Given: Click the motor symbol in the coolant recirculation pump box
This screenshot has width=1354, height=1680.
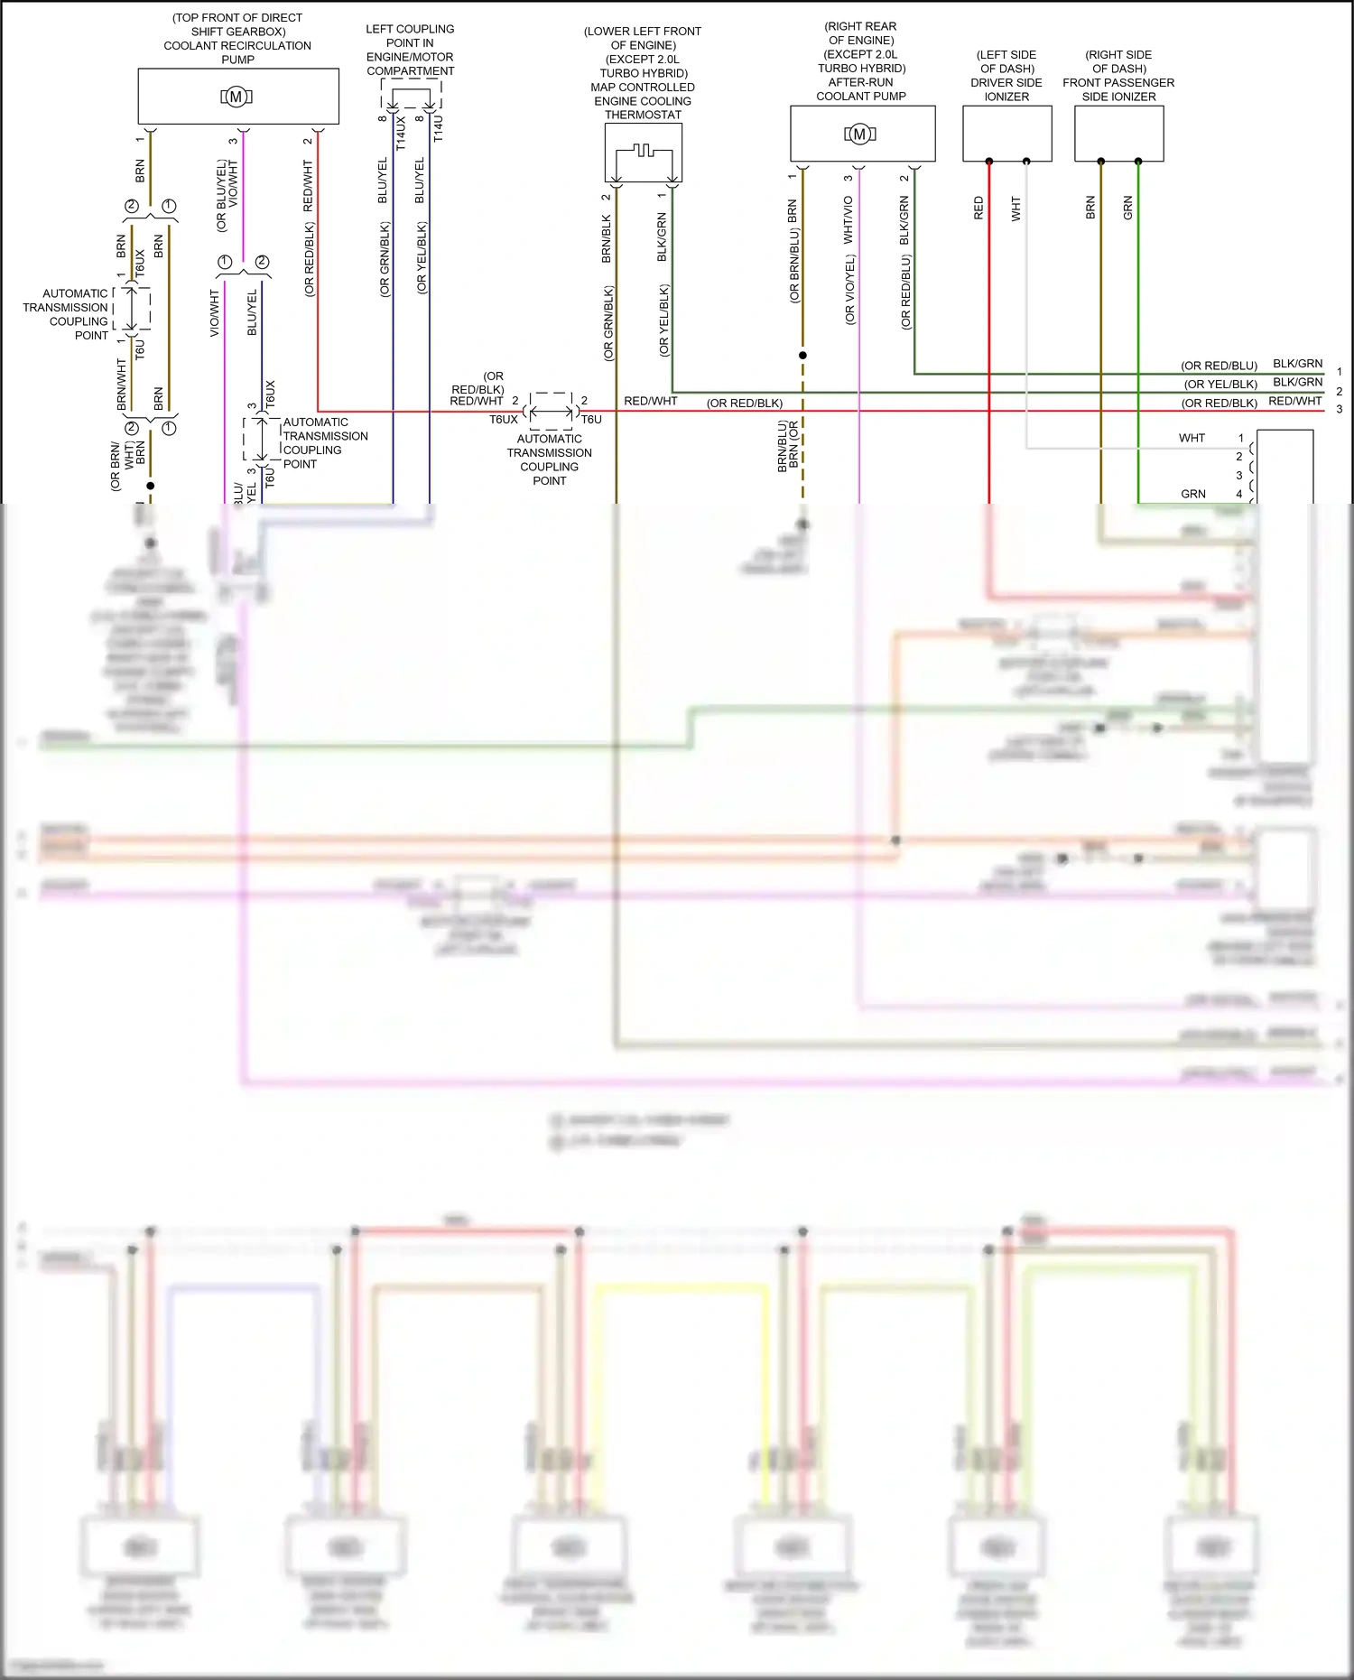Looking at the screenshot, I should [236, 97].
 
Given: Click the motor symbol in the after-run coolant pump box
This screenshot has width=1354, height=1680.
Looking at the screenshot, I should [859, 135].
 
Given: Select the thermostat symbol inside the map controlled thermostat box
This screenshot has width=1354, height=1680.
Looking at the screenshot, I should [643, 152].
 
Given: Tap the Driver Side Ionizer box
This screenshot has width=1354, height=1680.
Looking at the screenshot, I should [1006, 134].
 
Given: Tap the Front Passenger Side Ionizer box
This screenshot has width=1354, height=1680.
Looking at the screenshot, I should [1118, 134].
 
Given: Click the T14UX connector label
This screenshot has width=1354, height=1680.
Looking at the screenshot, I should [401, 133].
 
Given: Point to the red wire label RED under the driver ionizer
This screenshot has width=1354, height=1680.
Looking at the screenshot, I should [978, 209].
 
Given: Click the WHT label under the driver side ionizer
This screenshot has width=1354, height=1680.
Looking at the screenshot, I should [1015, 209].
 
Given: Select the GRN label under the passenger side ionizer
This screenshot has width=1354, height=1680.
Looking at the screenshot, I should [1127, 209].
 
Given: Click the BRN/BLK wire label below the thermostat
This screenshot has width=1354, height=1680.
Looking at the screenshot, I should [607, 239].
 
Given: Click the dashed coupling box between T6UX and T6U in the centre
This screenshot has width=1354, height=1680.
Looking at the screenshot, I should [551, 412].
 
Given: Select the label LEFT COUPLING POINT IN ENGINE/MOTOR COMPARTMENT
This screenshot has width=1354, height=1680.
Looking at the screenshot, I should [410, 50].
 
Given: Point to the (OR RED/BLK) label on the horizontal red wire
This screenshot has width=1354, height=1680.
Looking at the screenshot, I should [744, 403].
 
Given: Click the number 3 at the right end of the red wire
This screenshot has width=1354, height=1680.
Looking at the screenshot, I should [1340, 409].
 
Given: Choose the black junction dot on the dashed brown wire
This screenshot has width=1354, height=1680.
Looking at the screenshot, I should [802, 356].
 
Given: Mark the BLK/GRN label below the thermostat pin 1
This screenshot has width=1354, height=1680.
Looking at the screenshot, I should [662, 237].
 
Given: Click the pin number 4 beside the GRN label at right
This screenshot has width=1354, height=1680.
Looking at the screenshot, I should [1239, 494].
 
